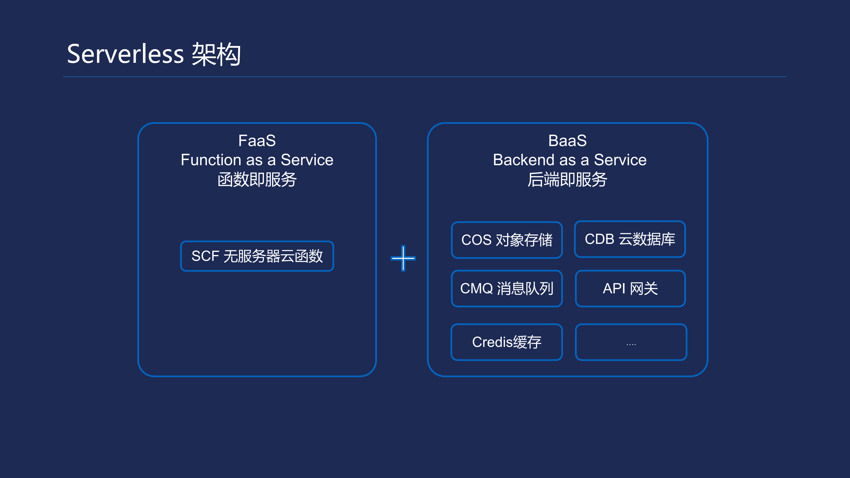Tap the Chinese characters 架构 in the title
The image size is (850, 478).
(x=217, y=54)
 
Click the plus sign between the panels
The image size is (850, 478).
(x=403, y=258)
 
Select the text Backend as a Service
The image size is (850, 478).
(x=570, y=160)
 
